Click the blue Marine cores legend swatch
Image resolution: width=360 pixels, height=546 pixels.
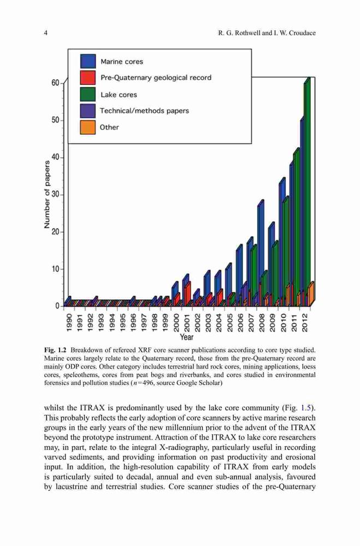(x=88, y=61)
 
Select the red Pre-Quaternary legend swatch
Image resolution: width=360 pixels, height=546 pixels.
(x=88, y=78)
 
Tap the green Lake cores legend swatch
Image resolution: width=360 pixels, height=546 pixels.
(x=88, y=94)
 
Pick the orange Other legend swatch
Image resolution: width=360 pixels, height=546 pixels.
(x=88, y=127)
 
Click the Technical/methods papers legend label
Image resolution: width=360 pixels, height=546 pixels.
(x=144, y=111)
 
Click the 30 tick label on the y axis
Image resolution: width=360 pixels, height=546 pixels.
(x=56, y=195)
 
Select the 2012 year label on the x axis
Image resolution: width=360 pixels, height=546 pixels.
(x=304, y=323)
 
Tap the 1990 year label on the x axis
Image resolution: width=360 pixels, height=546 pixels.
(x=69, y=323)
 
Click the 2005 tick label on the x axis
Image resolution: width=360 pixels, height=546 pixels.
(x=229, y=323)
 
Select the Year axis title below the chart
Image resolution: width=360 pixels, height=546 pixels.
(x=187, y=337)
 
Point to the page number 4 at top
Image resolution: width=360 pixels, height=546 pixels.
(x=46, y=33)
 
